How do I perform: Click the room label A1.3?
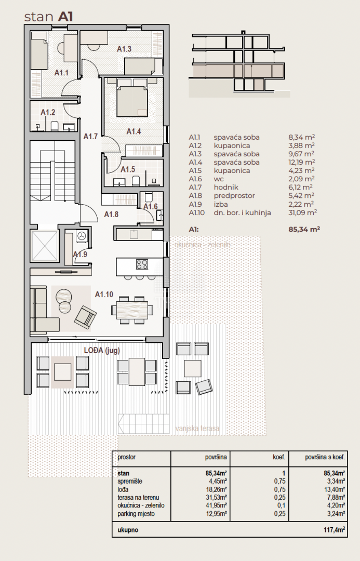coord(124,49)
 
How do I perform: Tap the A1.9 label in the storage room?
coord(80,255)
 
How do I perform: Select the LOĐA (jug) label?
coord(102,351)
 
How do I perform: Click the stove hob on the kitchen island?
coord(142,264)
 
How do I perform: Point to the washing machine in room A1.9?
coord(82,235)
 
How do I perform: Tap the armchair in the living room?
coord(85,317)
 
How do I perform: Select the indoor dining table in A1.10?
coord(129,310)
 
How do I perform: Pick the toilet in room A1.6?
coord(149,197)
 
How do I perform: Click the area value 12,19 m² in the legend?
coord(301,163)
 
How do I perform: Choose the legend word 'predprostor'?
coord(234,196)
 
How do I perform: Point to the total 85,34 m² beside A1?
coord(304,229)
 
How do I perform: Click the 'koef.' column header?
coord(279,457)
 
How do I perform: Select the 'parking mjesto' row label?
coord(136,514)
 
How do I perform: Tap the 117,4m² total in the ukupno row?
coord(334,530)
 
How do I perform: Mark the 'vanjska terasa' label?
coord(197,428)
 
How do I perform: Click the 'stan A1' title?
coord(49,17)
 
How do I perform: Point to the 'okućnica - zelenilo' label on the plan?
coord(203,245)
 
